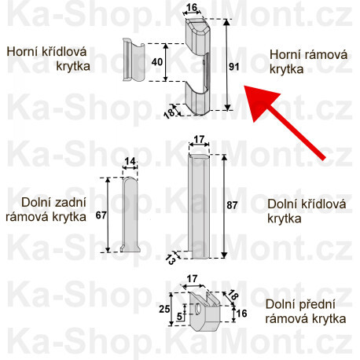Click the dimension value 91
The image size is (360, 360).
(x=233, y=67)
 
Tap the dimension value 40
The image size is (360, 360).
(x=157, y=61)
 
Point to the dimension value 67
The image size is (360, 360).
(x=99, y=214)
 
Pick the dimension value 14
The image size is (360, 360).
(x=130, y=162)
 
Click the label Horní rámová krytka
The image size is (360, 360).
(x=298, y=61)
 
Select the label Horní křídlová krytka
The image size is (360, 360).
(x=48, y=59)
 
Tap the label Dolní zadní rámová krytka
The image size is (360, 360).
(x=48, y=210)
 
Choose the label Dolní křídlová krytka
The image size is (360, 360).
(x=296, y=211)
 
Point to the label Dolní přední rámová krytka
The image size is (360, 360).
(x=305, y=312)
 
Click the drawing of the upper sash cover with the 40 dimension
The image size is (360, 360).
(x=130, y=60)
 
